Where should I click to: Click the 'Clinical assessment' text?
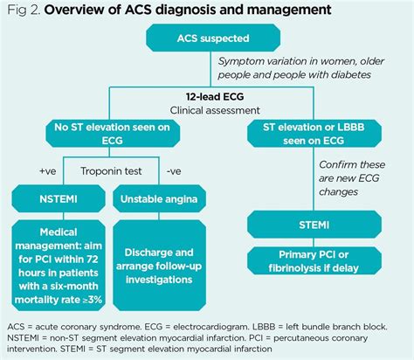[x=207, y=111]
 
